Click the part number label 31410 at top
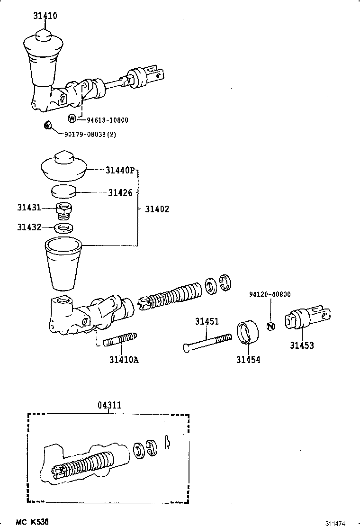click(45, 16)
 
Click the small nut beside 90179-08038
click(47, 126)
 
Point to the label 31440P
click(120, 170)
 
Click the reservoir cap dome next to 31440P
click(63, 166)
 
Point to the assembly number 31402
click(157, 209)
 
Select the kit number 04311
click(109, 405)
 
